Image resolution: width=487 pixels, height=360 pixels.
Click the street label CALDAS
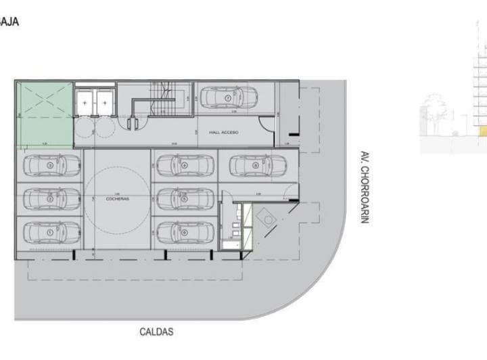click(156, 332)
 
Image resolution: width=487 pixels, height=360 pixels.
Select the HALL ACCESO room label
click(223, 133)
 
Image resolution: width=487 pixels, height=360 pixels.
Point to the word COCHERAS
click(118, 198)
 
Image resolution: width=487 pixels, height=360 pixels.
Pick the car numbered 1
click(51, 232)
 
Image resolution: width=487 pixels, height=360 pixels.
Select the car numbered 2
click(51, 198)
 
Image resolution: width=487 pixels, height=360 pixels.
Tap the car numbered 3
click(51, 164)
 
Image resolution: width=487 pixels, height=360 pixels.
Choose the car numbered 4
click(183, 164)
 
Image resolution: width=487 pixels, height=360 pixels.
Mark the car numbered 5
click(183, 198)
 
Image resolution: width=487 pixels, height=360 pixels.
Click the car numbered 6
click(183, 232)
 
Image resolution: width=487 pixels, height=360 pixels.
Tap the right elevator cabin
click(105, 101)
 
